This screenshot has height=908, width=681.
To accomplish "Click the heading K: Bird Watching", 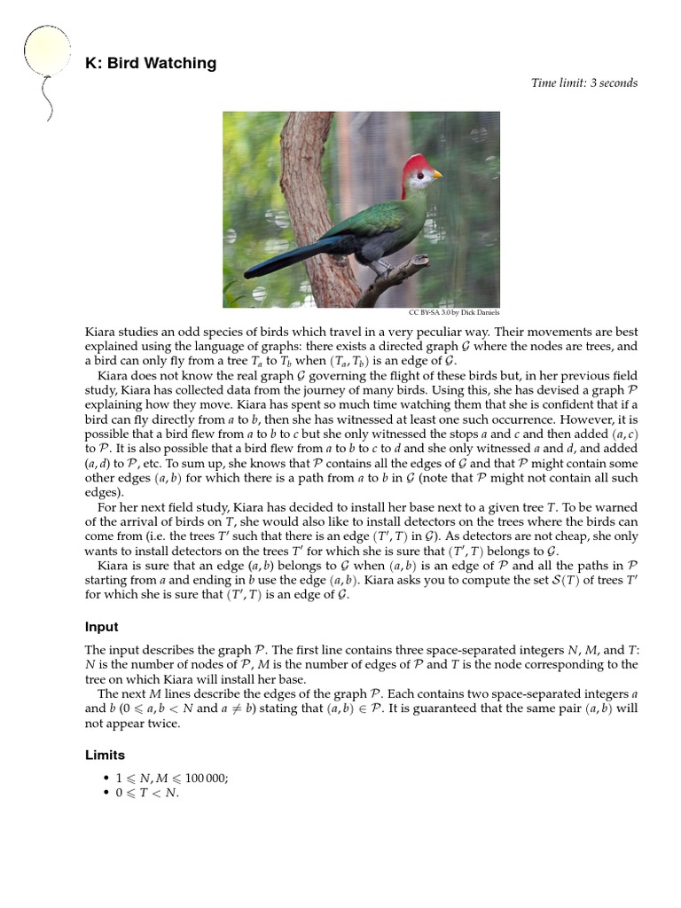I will click(151, 63).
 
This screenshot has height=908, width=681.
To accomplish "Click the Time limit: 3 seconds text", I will click(583, 83).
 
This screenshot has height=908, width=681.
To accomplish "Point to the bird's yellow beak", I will click(436, 175).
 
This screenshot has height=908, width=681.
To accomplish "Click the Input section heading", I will click(102, 627).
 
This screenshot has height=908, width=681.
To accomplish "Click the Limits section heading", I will click(105, 755).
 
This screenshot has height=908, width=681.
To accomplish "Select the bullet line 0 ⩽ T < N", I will click(147, 793).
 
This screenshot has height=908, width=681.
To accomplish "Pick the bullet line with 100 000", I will click(172, 779).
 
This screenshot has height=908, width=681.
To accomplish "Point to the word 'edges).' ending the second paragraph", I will click(105, 493).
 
